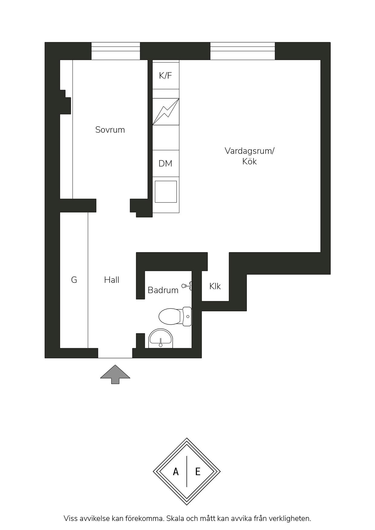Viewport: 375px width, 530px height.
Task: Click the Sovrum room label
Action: tap(110, 130)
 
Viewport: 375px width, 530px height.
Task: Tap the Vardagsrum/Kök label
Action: tap(249, 156)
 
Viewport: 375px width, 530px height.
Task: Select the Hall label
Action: tap(112, 280)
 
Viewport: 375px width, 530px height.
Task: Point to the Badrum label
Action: tap(163, 290)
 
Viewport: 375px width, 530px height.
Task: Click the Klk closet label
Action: tap(215, 286)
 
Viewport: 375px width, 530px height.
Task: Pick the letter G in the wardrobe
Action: tap(74, 280)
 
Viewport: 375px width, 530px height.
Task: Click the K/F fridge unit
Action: tap(166, 76)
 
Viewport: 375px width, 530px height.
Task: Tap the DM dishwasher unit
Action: tap(166, 163)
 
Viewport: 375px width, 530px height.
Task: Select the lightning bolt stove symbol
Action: tap(166, 111)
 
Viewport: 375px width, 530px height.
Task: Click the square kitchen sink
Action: tap(166, 192)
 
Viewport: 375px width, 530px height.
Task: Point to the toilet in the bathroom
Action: tap(175, 316)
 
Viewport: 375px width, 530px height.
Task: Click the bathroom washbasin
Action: tap(161, 338)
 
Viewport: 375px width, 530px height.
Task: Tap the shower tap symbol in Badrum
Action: tap(187, 286)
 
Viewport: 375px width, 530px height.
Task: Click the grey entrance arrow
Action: tap(115, 374)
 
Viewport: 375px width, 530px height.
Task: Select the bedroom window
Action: tap(116, 51)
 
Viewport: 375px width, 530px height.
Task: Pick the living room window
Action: tap(243, 51)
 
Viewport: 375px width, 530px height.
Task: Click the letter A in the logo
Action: tap(176, 472)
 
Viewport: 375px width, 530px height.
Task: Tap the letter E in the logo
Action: tap(198, 472)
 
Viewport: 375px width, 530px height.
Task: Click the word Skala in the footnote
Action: tap(175, 519)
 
